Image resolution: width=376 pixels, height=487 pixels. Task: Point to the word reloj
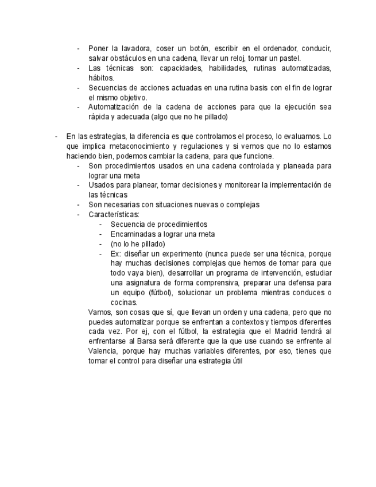click(235, 58)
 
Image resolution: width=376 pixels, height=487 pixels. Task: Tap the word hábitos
click(101, 78)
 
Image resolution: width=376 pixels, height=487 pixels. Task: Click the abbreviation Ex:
click(116, 253)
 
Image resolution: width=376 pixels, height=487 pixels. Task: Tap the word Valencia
click(104, 351)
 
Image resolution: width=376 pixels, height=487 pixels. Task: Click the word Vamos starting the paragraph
click(100, 312)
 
